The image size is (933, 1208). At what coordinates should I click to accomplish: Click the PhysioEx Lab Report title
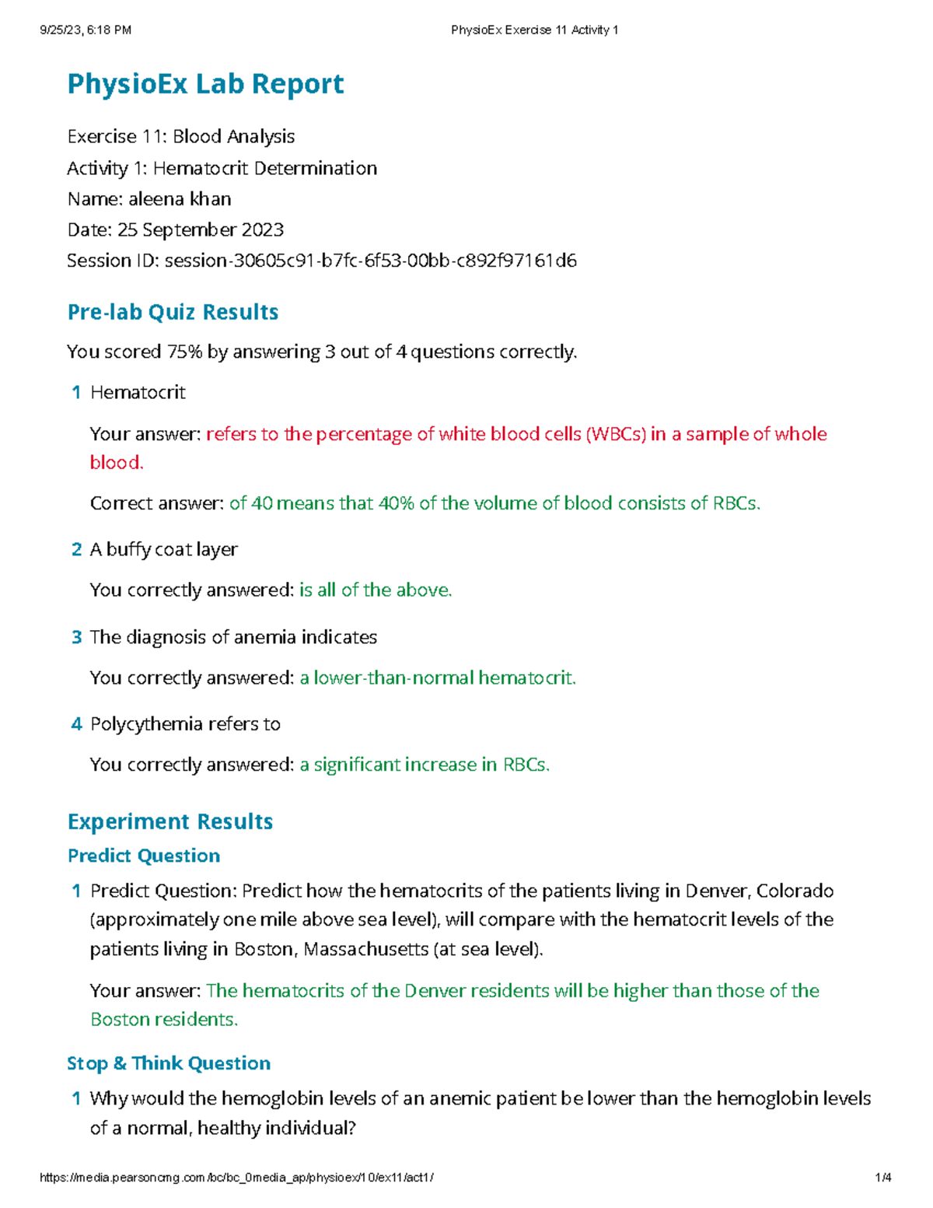click(205, 84)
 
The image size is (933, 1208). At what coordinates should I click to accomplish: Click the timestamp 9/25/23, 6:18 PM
click(86, 30)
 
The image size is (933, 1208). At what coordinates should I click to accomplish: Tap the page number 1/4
click(882, 1178)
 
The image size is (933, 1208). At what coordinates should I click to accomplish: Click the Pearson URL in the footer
click(236, 1178)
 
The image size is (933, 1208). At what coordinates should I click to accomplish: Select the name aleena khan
click(180, 199)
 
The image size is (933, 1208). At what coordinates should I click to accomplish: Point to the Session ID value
click(370, 261)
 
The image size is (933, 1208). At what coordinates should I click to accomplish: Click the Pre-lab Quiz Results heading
click(173, 312)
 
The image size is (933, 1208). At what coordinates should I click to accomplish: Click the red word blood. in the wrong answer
click(117, 463)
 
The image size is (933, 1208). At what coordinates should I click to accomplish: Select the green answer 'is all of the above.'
click(376, 590)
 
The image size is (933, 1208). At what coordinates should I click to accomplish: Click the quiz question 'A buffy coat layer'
click(164, 550)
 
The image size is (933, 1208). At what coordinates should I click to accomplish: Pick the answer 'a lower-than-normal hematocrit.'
click(438, 678)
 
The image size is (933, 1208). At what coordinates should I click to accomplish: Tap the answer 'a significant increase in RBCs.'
click(425, 765)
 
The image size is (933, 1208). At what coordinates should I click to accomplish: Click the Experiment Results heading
click(170, 822)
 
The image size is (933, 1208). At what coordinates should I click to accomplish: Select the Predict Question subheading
click(144, 856)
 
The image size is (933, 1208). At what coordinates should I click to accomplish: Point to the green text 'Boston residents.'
click(164, 1020)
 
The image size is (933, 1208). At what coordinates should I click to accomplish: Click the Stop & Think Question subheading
click(169, 1063)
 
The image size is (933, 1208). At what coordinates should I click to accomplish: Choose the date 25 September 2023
click(201, 230)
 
